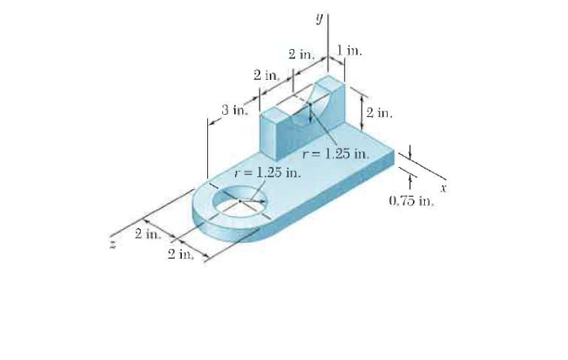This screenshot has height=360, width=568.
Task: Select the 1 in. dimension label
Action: [x=348, y=51]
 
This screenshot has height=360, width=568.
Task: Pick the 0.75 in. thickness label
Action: [x=412, y=201]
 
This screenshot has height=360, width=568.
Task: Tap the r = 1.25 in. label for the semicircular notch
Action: [x=337, y=152]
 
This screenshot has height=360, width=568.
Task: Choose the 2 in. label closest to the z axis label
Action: [x=147, y=233]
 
